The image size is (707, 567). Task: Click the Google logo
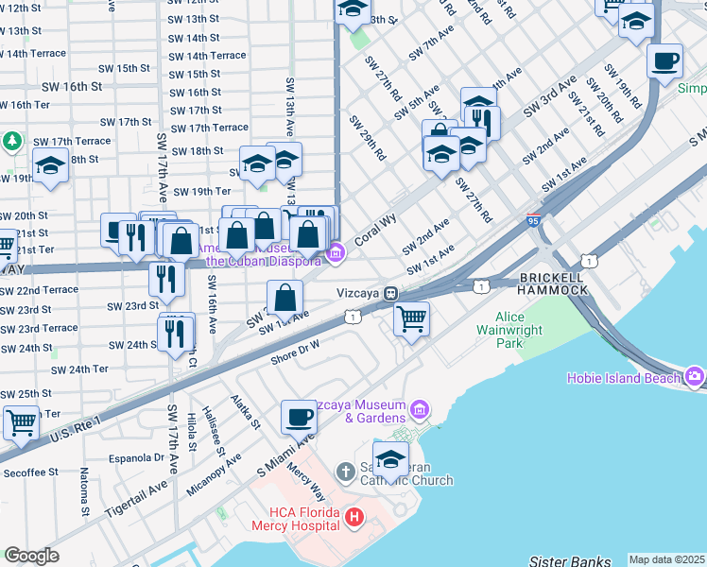click(x=31, y=556)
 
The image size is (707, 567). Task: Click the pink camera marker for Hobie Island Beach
click(x=696, y=378)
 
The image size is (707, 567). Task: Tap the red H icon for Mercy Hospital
click(x=354, y=517)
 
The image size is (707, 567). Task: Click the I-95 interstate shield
click(x=534, y=220)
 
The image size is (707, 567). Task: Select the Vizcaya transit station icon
click(x=389, y=293)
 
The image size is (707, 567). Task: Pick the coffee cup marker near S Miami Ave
click(x=300, y=417)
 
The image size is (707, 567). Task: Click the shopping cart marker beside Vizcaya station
click(x=411, y=319)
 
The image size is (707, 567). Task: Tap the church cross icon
click(x=346, y=471)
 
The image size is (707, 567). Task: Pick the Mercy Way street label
click(x=305, y=482)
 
